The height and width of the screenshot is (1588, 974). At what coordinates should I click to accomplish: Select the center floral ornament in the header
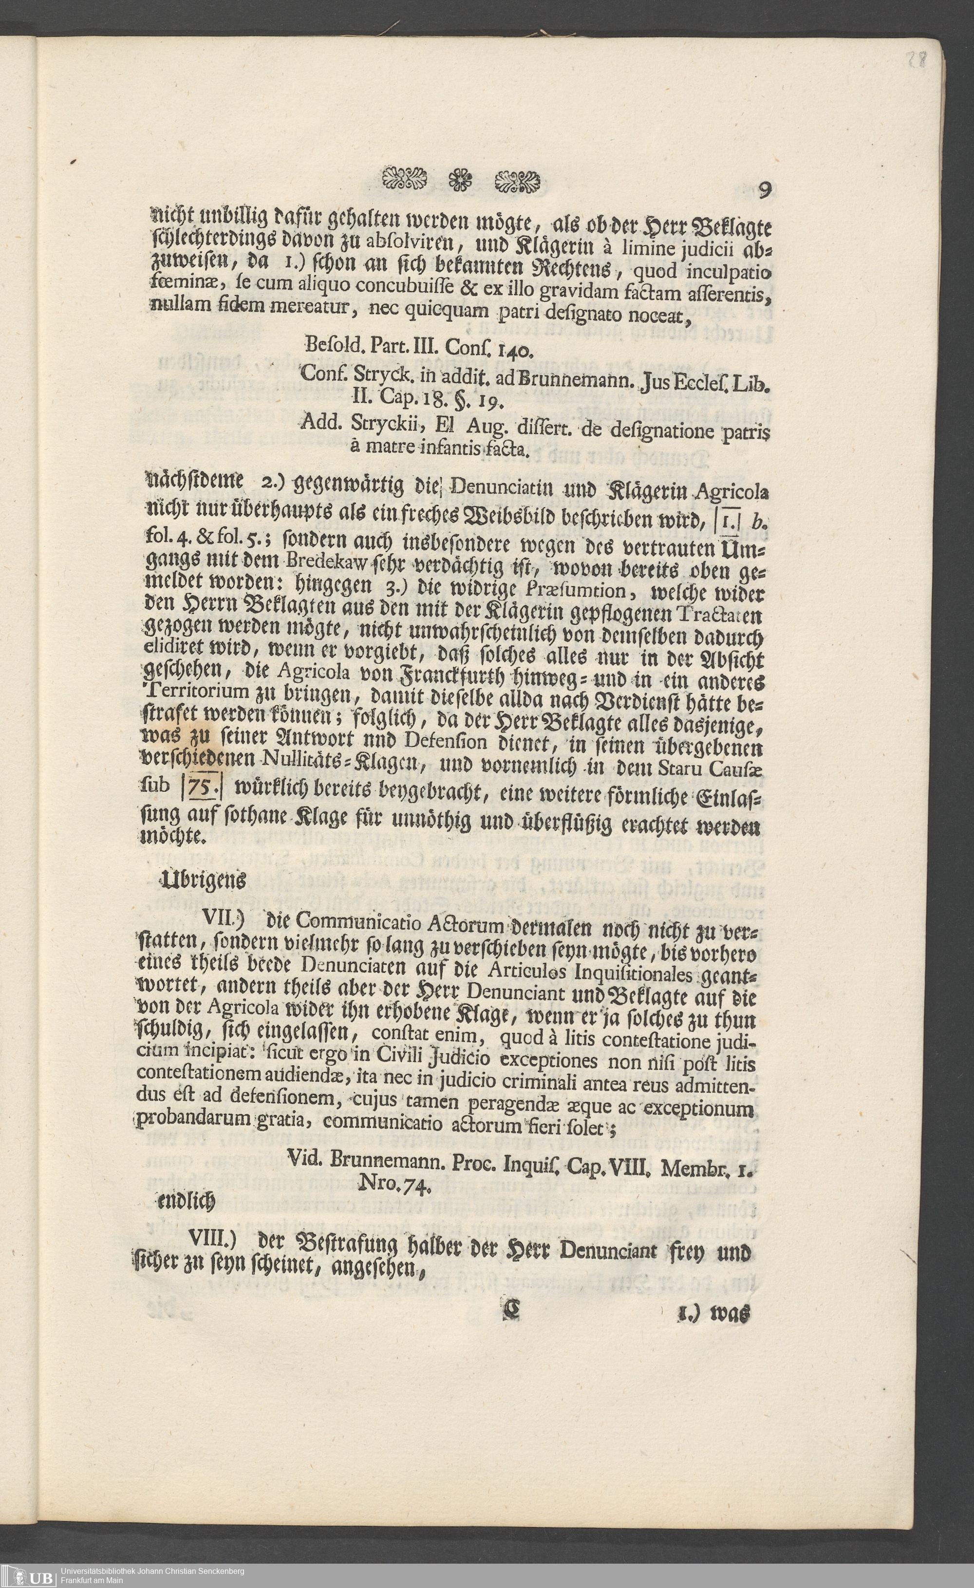(462, 181)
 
